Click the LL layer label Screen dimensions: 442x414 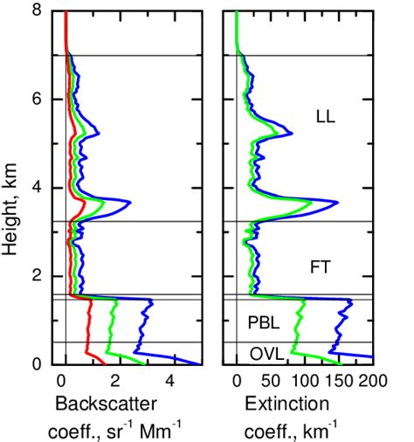pos(327,114)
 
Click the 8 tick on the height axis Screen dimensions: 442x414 pos(37,11)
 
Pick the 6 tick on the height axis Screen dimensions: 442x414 pos(37,100)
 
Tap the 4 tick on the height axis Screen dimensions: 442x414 pos(37,188)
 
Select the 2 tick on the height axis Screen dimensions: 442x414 pos(37,276)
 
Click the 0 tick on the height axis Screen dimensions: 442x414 pos(37,363)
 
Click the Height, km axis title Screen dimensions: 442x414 pos(11,188)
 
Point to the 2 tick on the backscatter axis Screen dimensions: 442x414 pos(116,381)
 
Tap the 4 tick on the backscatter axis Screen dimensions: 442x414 pos(170,381)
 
